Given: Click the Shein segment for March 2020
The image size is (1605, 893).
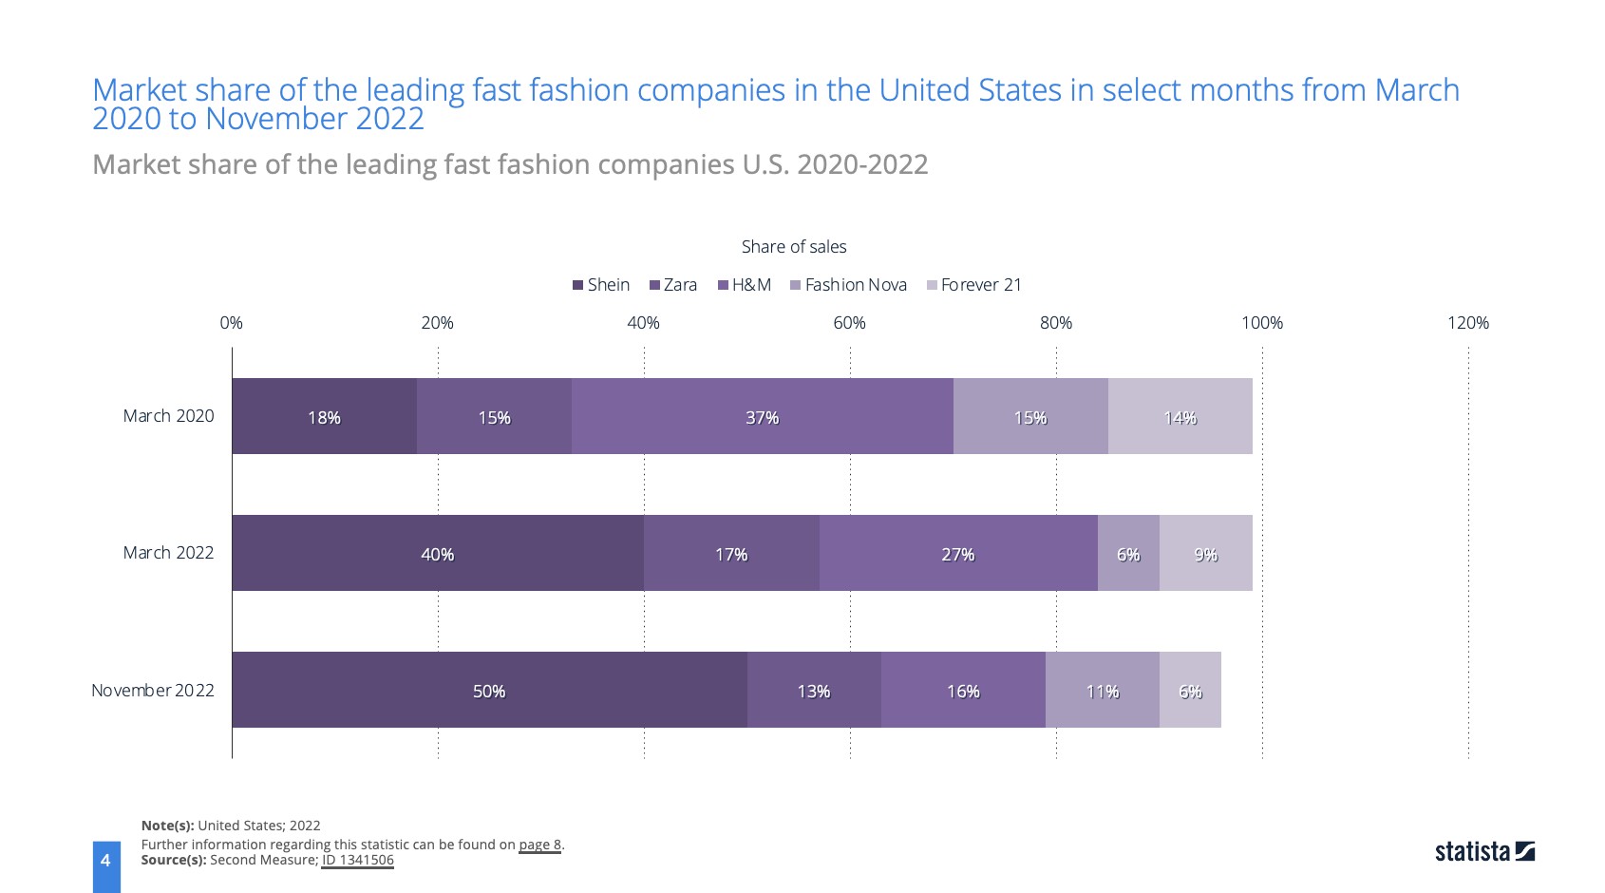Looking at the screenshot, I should pos(324,416).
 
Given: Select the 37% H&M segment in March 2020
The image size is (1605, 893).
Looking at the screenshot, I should pos(762,416).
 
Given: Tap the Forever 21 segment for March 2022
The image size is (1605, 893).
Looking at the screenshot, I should pos(1205,553).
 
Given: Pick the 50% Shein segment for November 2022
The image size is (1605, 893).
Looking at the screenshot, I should pos(489,690).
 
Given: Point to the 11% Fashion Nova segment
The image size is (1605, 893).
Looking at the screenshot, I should pos(1102,690).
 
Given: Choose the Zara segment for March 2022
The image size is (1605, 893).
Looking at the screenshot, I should pos(731,553).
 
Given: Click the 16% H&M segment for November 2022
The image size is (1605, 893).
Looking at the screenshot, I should pos(963,690).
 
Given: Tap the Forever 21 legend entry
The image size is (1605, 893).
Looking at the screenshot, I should pos(974,285).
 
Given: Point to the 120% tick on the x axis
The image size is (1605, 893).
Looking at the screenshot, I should pos(1467,323).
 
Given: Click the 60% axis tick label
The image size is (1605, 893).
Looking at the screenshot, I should pos(849,323).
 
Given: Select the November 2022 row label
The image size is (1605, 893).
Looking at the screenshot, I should pos(153,691).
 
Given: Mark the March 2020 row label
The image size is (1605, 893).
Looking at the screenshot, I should pos(168,416).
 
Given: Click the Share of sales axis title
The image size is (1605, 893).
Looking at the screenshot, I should pos(794,247).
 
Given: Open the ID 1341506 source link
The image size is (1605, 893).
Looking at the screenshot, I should pos(357,861).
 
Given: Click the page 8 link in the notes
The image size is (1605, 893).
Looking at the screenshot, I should pos(539,845).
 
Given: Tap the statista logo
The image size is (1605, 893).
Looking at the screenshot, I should pos(1484,851).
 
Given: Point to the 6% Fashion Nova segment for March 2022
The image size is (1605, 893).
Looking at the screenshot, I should pos(1128,553).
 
